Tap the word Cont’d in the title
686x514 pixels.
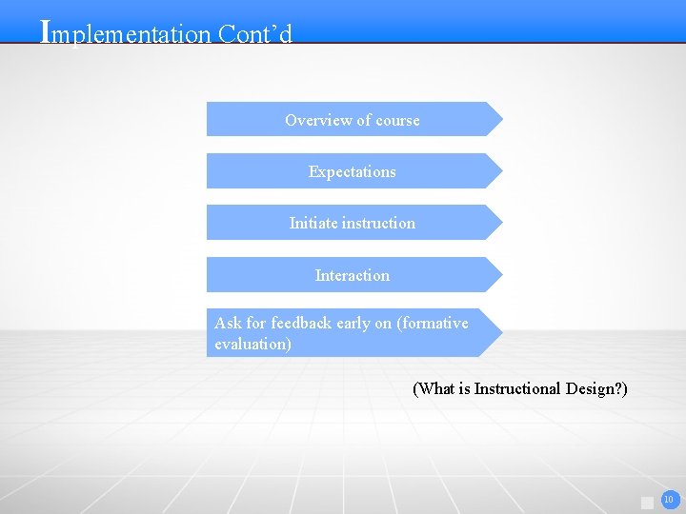254,34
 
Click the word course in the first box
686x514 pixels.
397,120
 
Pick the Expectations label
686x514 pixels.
352,171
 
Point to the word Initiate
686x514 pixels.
313,223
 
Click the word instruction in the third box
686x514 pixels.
378,223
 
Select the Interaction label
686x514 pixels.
352,275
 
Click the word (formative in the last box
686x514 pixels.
433,323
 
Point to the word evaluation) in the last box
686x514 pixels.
252,344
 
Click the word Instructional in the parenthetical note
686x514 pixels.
518,388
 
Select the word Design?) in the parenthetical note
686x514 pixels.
596,388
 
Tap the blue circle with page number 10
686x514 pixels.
670,499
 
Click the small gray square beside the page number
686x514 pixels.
648,502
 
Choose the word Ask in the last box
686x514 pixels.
228,323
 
